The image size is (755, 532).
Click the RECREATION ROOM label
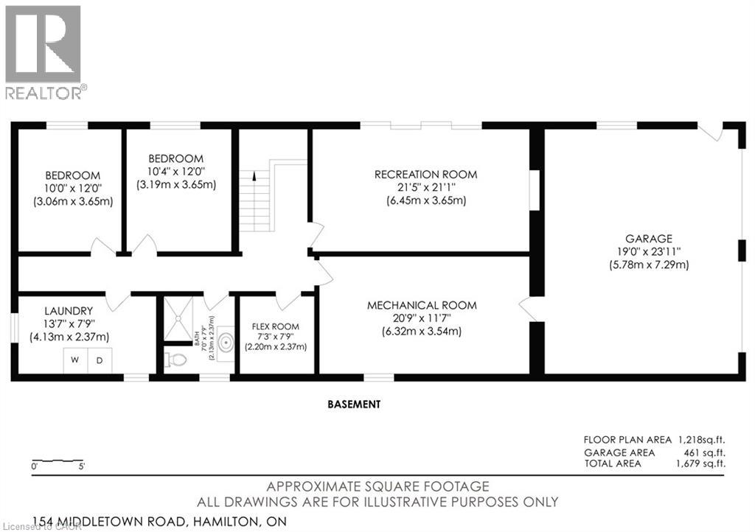click(x=425, y=175)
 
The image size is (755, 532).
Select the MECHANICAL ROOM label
click(x=422, y=305)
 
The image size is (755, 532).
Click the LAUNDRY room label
click(x=68, y=311)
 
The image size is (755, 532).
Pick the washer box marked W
click(x=74, y=360)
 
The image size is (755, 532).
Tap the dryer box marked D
click(x=100, y=360)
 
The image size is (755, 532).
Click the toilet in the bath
click(x=175, y=360)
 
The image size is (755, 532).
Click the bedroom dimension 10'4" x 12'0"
click(x=175, y=172)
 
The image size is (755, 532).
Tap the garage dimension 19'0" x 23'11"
click(x=648, y=251)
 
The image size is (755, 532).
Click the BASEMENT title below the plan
click(x=355, y=404)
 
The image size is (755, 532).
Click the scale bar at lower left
click(x=58, y=461)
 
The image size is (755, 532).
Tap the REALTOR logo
click(x=44, y=52)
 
